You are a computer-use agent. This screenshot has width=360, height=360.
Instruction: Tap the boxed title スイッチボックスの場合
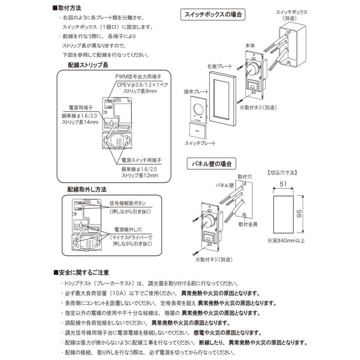pyautogui.click(x=213, y=15)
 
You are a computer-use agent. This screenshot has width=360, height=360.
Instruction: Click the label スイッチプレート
pyautogui.click(x=200, y=143)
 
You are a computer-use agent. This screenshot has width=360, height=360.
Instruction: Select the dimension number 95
pyautogui.click(x=308, y=214)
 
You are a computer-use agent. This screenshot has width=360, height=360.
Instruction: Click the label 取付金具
pyautogui.click(x=248, y=224)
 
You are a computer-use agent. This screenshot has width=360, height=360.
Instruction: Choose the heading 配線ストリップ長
pyautogui.click(x=88, y=65)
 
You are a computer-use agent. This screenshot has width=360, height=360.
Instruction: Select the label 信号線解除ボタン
pyautogui.click(x=130, y=203)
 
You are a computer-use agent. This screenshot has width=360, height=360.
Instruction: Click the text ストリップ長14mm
pyautogui.click(x=78, y=122)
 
